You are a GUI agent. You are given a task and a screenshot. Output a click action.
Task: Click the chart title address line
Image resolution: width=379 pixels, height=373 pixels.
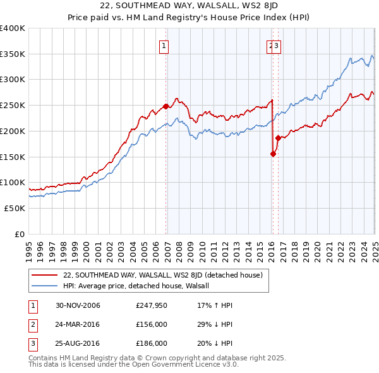pos(189,7)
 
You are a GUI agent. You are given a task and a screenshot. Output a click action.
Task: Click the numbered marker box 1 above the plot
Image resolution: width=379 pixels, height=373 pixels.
pos(164,46)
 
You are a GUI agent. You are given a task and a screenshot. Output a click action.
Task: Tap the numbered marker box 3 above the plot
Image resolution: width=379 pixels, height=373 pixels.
pos(277,46)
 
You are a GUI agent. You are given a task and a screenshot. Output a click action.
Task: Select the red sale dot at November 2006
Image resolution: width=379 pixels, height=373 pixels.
pos(166,106)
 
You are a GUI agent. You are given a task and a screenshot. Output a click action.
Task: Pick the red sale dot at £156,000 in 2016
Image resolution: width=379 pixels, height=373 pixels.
pos(274,154)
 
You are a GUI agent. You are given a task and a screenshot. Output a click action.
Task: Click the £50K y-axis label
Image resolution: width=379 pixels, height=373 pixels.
pos(14,208)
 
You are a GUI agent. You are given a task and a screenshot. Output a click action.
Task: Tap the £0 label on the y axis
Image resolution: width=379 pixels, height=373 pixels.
pos(20,234)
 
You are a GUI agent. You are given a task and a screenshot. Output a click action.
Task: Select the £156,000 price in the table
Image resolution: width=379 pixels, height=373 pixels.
pos(152,324)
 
